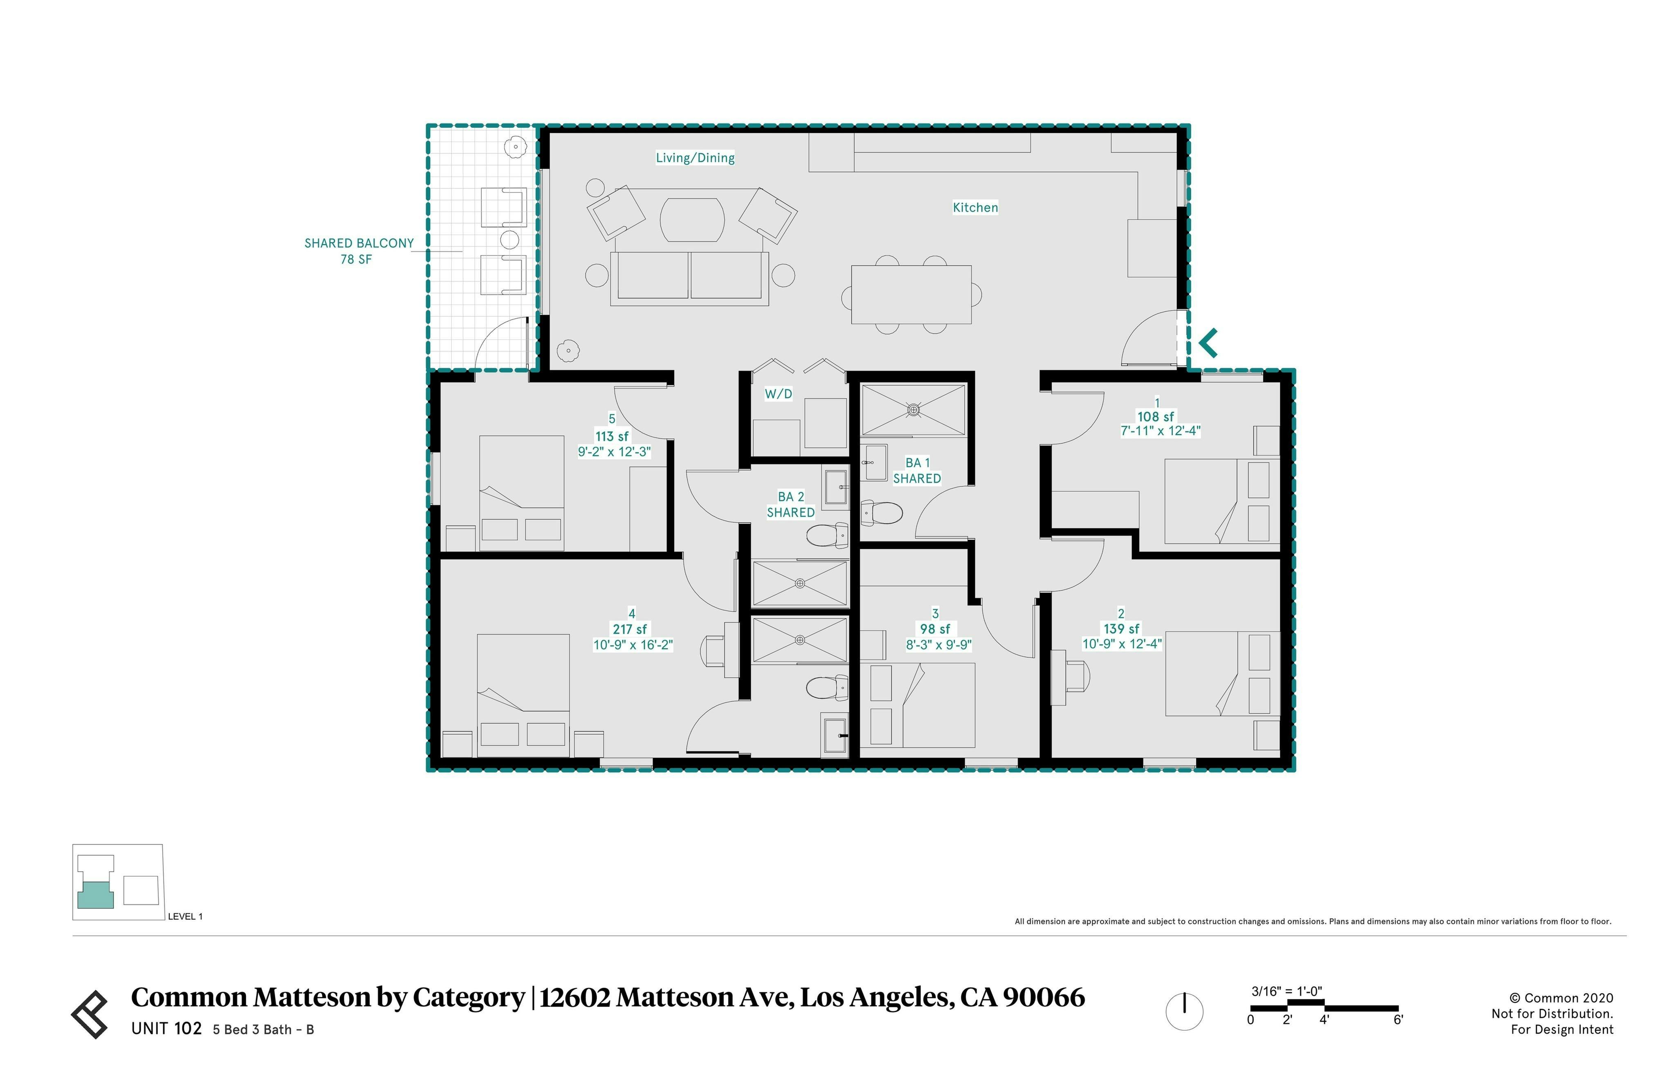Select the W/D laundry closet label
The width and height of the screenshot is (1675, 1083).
pyautogui.click(x=778, y=394)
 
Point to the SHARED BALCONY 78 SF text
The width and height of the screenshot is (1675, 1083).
pyautogui.click(x=358, y=251)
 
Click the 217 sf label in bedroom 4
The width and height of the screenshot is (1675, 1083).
pyautogui.click(x=630, y=629)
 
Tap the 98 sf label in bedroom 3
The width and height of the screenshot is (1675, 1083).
pyautogui.click(x=934, y=629)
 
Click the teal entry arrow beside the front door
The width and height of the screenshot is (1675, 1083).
pyautogui.click(x=1208, y=343)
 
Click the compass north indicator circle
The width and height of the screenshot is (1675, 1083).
pyautogui.click(x=1184, y=1011)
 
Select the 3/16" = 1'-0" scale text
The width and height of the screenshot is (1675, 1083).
pyautogui.click(x=1286, y=991)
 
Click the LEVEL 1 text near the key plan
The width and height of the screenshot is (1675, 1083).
pyautogui.click(x=185, y=916)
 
